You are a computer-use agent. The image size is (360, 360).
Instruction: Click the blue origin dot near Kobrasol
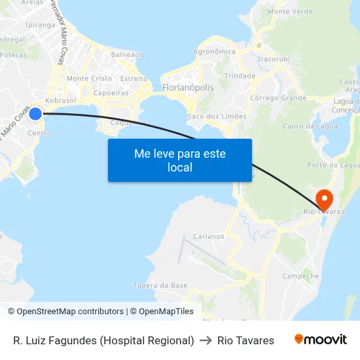tap(35, 114)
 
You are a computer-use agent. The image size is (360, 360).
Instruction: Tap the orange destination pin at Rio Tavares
tap(324, 198)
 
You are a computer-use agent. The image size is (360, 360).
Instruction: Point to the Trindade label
tap(240, 76)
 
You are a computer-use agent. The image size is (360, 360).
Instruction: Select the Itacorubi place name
tap(274, 59)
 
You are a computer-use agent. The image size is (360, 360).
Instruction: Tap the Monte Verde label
tap(290, 11)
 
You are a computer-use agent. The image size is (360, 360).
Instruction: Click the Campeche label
tap(300, 276)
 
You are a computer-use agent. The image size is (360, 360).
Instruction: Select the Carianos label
tap(209, 236)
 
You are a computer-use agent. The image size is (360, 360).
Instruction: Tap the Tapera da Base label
tap(160, 285)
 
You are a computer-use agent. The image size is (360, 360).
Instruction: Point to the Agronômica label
tap(215, 52)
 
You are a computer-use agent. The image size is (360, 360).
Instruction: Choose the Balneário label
tap(128, 55)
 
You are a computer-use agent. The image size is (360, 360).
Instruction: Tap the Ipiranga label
tap(40, 25)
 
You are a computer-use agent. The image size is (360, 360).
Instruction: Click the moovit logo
tap(320, 340)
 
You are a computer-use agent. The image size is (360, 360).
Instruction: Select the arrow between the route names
tap(206, 340)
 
